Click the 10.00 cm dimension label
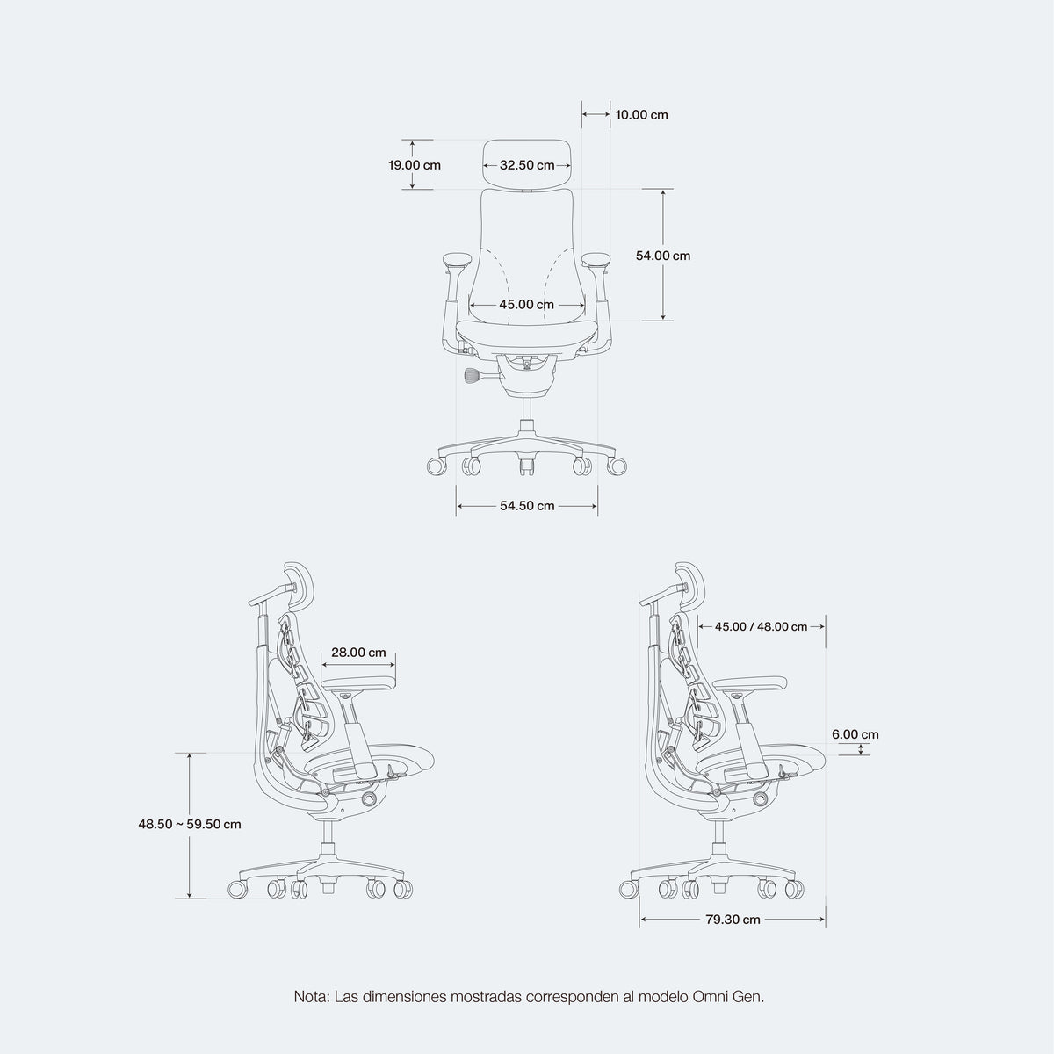(641, 115)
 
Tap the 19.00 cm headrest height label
(415, 165)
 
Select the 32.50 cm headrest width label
(527, 165)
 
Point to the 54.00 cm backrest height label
(663, 256)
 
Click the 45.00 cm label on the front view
(527, 305)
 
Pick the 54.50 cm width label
(527, 506)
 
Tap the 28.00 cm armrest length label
(359, 653)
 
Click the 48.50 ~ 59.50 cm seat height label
(190, 824)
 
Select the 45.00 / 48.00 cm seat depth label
(761, 627)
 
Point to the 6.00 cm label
(855, 734)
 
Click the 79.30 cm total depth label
(733, 920)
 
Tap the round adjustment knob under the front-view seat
(473, 376)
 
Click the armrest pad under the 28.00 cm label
(358, 683)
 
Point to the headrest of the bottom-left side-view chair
(298, 587)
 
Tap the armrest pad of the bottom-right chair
(750, 683)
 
